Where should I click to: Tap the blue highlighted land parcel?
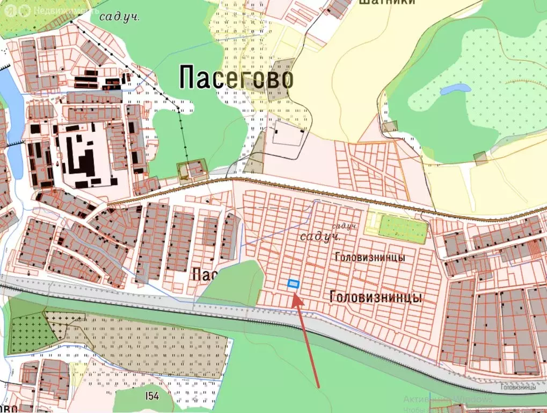(293, 284)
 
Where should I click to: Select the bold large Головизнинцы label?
(376, 297)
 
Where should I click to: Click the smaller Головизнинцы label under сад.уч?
(369, 258)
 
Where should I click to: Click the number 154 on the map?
(152, 396)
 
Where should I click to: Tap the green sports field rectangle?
(402, 229)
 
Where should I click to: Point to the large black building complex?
(84, 156)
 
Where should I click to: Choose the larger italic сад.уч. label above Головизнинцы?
(321, 237)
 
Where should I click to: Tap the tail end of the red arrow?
(318, 386)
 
